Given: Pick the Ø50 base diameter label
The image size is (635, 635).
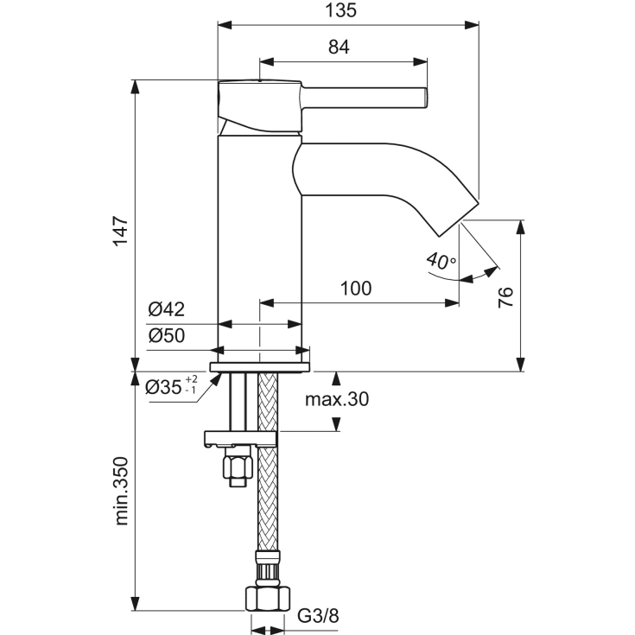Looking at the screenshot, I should click(x=166, y=337).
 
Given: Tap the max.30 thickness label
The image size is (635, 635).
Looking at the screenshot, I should click(x=336, y=399).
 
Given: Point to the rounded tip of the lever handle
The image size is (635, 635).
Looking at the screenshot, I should click(x=424, y=98).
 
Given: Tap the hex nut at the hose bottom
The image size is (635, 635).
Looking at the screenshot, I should click(x=268, y=597).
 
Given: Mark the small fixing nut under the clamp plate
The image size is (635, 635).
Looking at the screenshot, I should click(x=236, y=468).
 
